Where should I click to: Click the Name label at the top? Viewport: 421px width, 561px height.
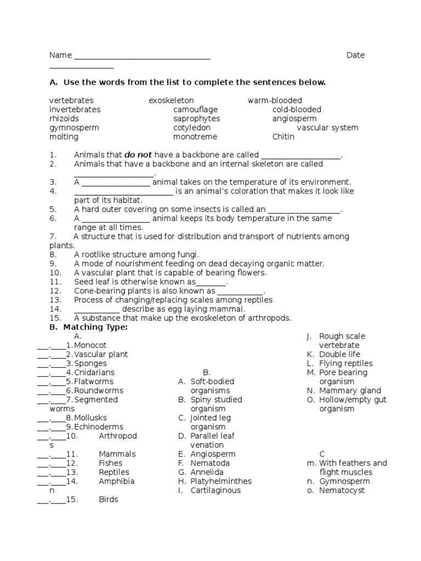coord(60,55)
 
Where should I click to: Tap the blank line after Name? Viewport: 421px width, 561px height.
coord(142,57)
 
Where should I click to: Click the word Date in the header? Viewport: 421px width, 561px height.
coord(355,55)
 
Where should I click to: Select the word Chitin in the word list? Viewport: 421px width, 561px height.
coord(283,137)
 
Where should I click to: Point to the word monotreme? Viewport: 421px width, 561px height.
coord(195,137)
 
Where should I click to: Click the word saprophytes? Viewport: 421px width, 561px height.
coord(196,119)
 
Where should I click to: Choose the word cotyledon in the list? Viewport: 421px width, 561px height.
coord(192,128)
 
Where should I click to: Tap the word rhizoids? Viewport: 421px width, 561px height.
coord(64,119)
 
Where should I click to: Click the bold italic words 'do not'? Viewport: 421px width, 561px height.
coord(138,155)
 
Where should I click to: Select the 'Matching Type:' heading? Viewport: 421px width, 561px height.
coord(95,327)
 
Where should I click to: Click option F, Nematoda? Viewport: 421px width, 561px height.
coord(210,463)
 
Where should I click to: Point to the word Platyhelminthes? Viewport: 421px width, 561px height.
coord(221,482)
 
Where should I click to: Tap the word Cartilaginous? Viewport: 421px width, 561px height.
coord(215,490)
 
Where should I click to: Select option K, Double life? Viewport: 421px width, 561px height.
coord(339,354)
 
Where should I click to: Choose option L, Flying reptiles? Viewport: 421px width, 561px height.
coord(345,363)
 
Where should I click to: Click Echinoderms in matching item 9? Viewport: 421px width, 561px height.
coord(99,427)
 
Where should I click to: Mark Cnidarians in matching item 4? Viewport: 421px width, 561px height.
coord(94,373)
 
